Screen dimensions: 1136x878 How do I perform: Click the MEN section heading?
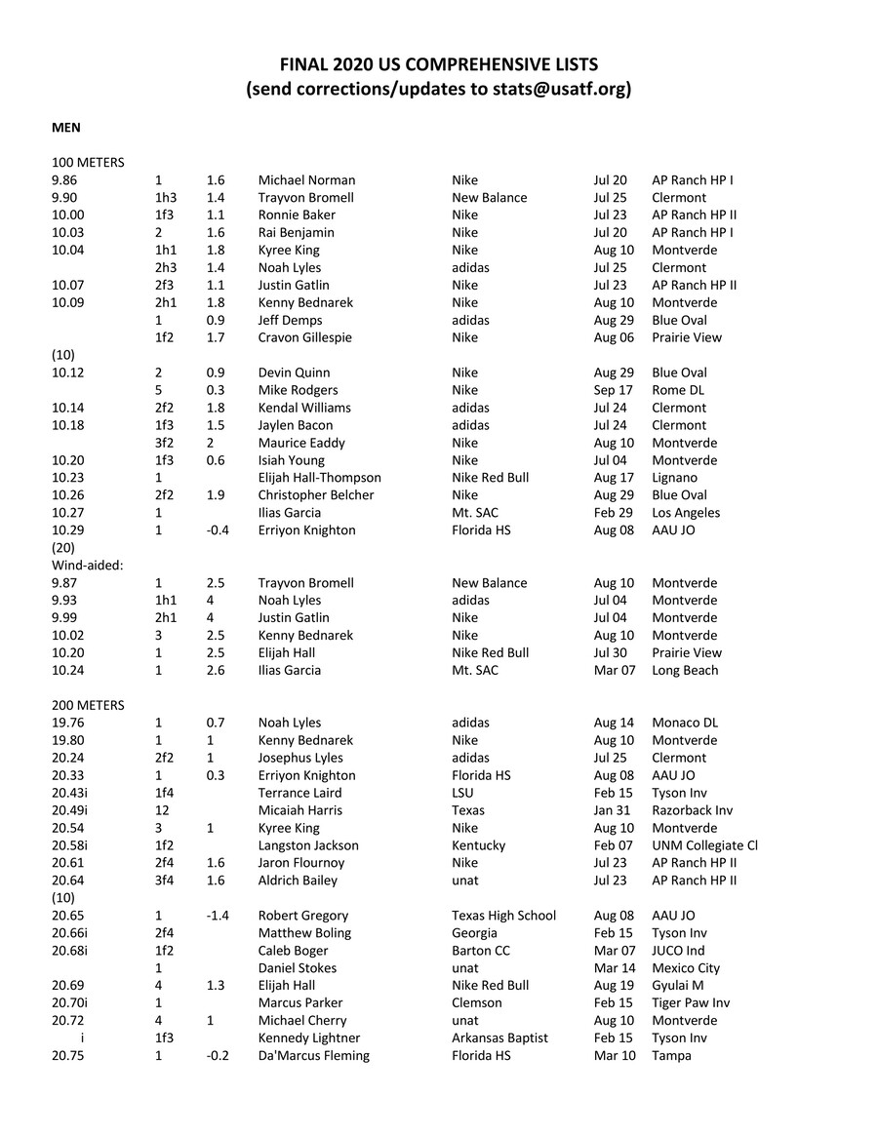click(65, 127)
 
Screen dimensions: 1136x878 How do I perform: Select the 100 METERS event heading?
click(88, 162)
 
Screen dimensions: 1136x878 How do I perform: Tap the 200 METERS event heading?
click(88, 705)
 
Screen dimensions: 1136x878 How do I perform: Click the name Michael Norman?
click(306, 179)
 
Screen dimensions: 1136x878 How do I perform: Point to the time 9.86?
click(67, 179)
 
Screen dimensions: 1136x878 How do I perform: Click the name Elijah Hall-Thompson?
click(319, 478)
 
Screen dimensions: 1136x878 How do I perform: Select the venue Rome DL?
click(678, 390)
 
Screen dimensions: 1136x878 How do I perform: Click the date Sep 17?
click(613, 390)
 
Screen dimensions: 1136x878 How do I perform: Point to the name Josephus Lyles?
click(300, 758)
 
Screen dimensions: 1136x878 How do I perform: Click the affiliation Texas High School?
click(503, 916)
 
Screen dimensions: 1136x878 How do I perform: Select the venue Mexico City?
click(686, 968)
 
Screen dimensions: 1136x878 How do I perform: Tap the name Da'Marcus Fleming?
click(313, 1056)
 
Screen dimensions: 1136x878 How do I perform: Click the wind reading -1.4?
click(217, 916)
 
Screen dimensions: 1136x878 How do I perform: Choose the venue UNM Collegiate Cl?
click(704, 845)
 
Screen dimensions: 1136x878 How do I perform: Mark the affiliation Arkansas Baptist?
click(499, 1038)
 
